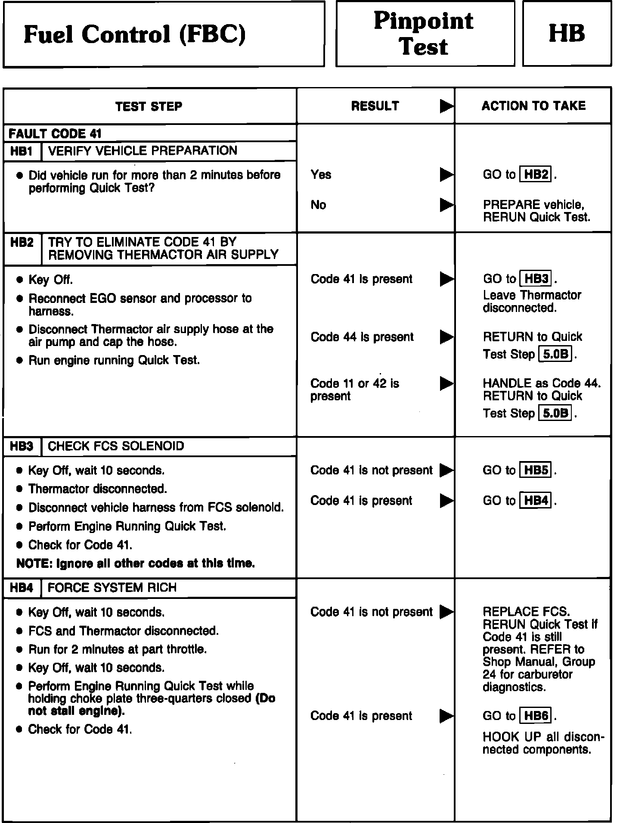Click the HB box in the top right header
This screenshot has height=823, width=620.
pyautogui.click(x=567, y=34)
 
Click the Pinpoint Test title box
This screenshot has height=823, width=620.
pyautogui.click(x=425, y=34)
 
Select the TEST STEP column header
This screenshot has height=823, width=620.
pyautogui.click(x=149, y=106)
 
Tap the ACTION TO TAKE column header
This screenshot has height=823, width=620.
pyautogui.click(x=533, y=106)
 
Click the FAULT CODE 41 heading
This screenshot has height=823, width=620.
pyautogui.click(x=55, y=134)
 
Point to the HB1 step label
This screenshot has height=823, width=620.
pyautogui.click(x=22, y=151)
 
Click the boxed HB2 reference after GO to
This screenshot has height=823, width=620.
pyautogui.click(x=536, y=175)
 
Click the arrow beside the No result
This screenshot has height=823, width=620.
pyautogui.click(x=446, y=205)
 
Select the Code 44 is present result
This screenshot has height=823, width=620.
pyautogui.click(x=362, y=337)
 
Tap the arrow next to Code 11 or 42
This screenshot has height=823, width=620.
pyautogui.click(x=446, y=383)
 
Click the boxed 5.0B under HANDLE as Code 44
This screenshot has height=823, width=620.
pyautogui.click(x=555, y=414)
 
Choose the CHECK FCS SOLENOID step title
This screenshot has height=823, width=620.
pyautogui.click(x=116, y=446)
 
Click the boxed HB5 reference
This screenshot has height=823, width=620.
pyautogui.click(x=536, y=470)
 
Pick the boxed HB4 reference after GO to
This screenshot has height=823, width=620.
pyautogui.click(x=536, y=501)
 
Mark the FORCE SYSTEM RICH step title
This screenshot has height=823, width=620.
pyautogui.click(x=112, y=588)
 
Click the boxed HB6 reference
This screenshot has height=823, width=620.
pyautogui.click(x=536, y=716)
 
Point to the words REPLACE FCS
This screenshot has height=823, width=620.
pyautogui.click(x=526, y=611)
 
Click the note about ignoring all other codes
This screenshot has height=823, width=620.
pyautogui.click(x=136, y=563)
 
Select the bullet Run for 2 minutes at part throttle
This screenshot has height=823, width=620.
pyautogui.click(x=118, y=649)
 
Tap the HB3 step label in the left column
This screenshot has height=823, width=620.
pyautogui.click(x=22, y=446)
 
